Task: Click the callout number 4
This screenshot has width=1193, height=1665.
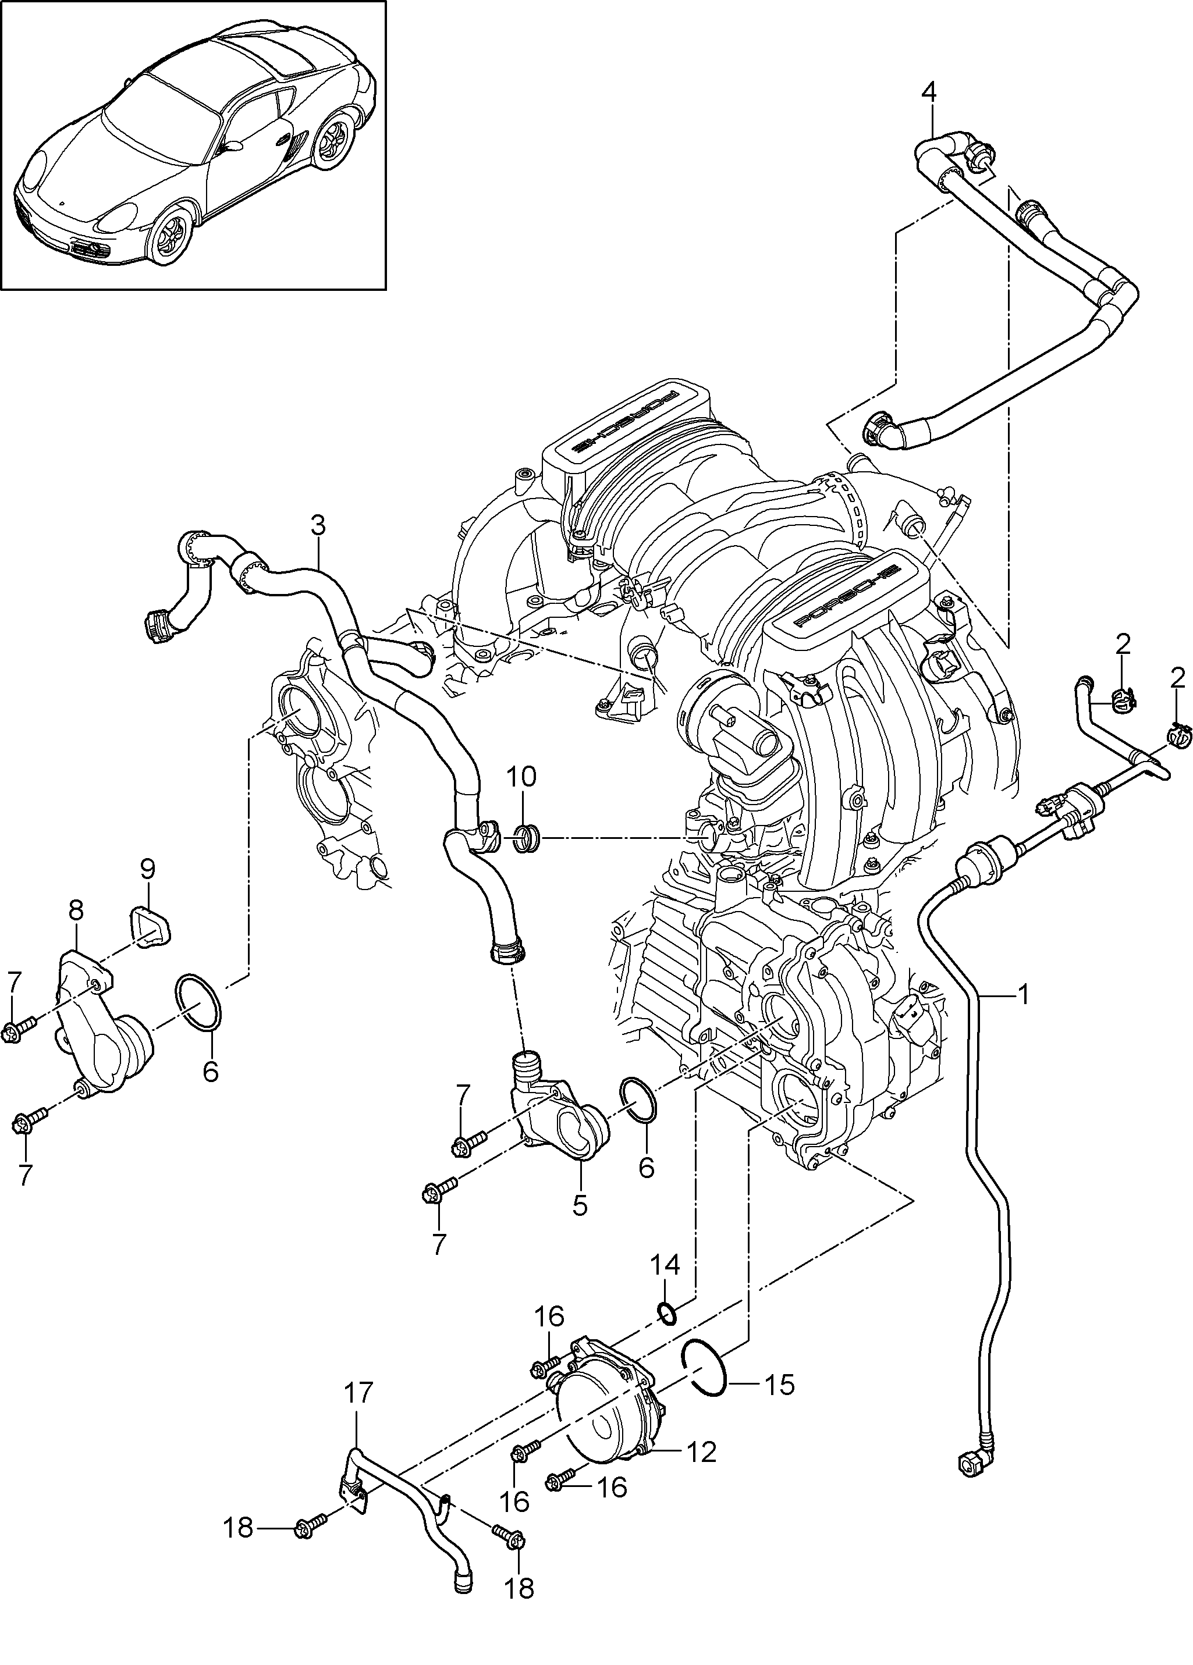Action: pos(929,93)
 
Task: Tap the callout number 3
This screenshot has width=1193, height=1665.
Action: pos(317,526)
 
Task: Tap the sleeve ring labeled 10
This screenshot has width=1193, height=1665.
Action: pos(527,838)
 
